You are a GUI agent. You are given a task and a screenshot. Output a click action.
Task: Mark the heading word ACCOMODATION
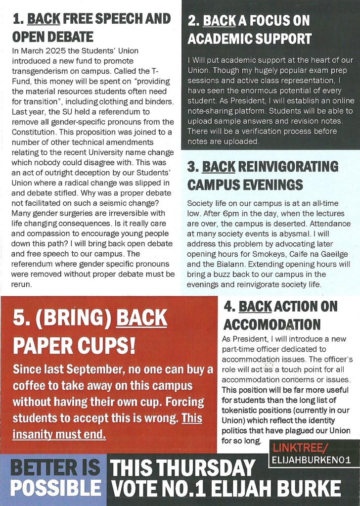(x=272, y=324)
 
